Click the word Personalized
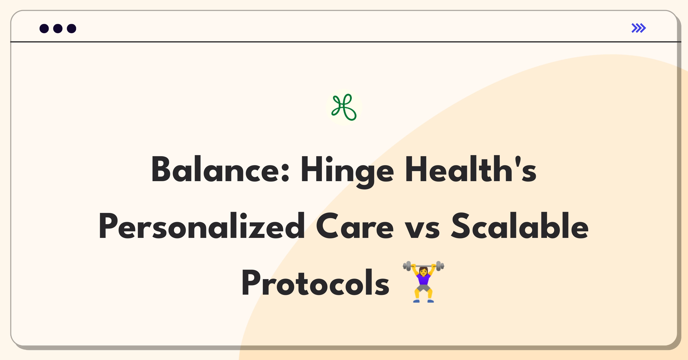point(202,226)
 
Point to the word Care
point(355,226)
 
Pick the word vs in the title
point(422,229)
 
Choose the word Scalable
point(520,226)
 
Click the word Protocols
point(315,282)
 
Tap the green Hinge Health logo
point(344,107)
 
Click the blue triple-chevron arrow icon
point(639,28)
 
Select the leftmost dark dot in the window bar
point(44,28)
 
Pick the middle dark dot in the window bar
point(58,28)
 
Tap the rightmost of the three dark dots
point(72,28)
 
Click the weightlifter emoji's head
point(423,270)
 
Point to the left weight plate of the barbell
point(408,266)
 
